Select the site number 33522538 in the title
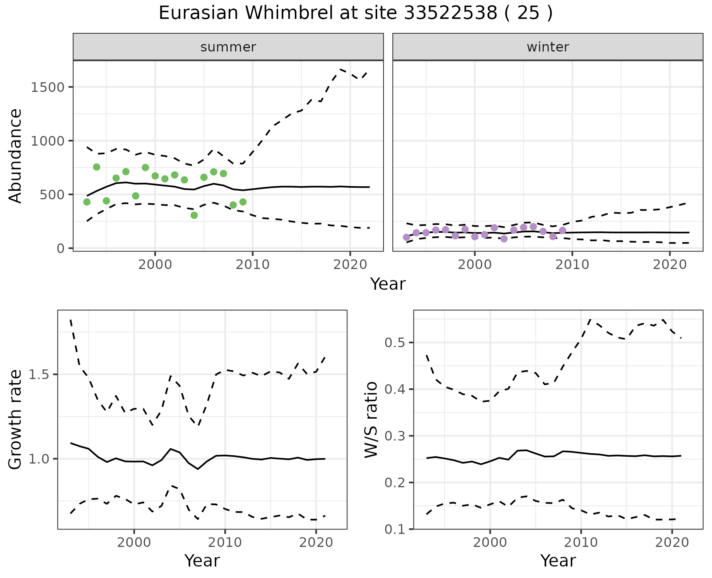pyautogui.click(x=451, y=13)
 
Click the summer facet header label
pyautogui.click(x=228, y=47)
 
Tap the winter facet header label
pyautogui.click(x=548, y=47)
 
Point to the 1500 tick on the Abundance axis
pyautogui.click(x=47, y=87)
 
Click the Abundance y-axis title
pyautogui.click(x=16, y=156)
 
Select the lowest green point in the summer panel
pyautogui.click(x=194, y=215)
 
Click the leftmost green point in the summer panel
pyautogui.click(x=87, y=202)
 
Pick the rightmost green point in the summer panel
pyautogui.click(x=243, y=202)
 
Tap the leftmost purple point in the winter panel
pyautogui.click(x=406, y=237)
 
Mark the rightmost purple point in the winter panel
pyautogui.click(x=563, y=230)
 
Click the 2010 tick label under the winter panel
pyautogui.click(x=572, y=265)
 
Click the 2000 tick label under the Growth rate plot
pyautogui.click(x=134, y=542)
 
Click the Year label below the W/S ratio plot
pyautogui.click(x=558, y=561)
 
